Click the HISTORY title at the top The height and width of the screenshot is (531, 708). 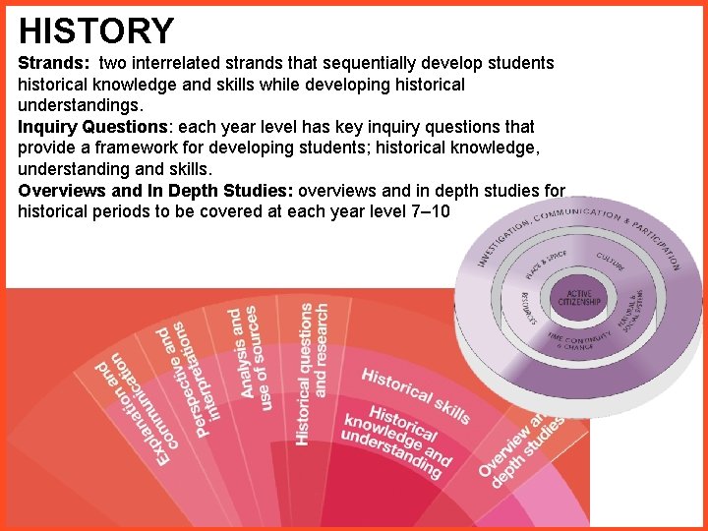click(96, 30)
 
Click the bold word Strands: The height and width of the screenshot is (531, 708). click(55, 63)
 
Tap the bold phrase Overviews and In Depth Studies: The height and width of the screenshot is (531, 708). click(155, 191)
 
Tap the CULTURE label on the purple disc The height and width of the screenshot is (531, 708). click(613, 263)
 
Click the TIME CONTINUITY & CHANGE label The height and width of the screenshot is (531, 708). click(579, 339)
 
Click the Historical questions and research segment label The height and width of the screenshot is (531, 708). click(313, 374)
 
